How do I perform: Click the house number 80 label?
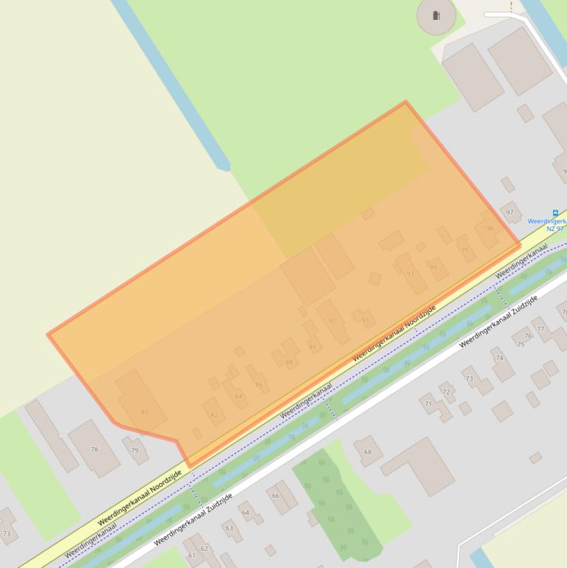click(144, 412)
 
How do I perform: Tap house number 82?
click(214, 415)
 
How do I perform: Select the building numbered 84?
click(238, 396)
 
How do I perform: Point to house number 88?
click(289, 362)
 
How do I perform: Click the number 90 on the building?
click(332, 321)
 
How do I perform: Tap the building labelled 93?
click(410, 274)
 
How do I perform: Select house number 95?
click(465, 250)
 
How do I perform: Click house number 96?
click(490, 229)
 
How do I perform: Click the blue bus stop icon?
click(555, 212)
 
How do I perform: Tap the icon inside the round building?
click(436, 15)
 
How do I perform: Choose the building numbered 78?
click(94, 448)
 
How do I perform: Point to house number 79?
click(134, 450)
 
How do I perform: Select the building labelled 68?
click(368, 451)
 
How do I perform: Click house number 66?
click(276, 495)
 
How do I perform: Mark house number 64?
click(246, 513)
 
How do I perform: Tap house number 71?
click(428, 404)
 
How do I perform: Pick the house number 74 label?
click(500, 358)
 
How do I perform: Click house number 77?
click(540, 329)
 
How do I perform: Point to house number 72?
click(445, 392)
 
